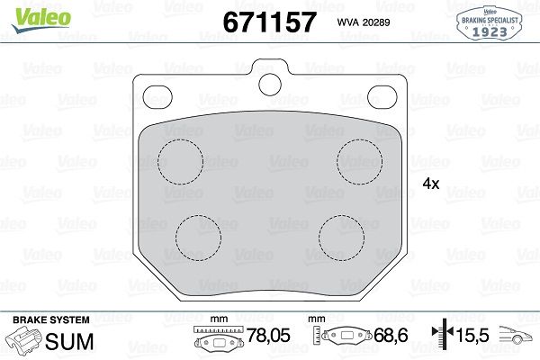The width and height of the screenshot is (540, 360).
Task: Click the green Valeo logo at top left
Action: (x=41, y=20)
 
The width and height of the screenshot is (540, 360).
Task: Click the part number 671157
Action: (x=269, y=22)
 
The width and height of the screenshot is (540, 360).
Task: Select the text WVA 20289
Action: (x=364, y=22)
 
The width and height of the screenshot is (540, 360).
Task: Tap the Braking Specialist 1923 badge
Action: (x=490, y=23)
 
